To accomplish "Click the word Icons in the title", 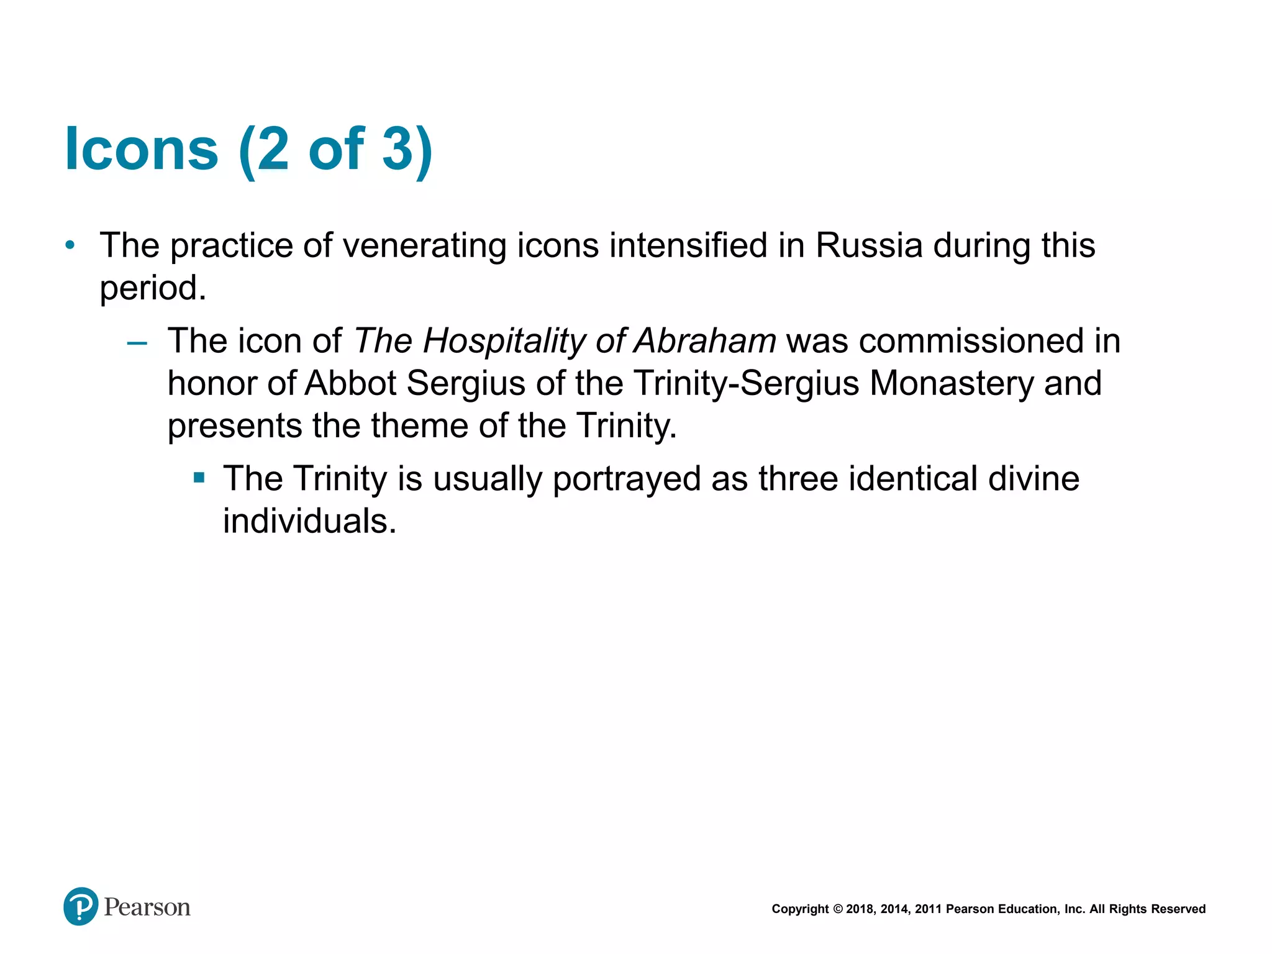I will [x=142, y=149].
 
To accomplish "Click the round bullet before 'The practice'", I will [x=70, y=245].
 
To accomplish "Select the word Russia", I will [x=868, y=245].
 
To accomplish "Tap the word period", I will [x=153, y=288].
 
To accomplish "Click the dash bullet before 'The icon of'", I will [x=137, y=343].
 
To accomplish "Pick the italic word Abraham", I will [x=704, y=341].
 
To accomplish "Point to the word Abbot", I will [x=350, y=383].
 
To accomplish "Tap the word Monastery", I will [x=952, y=384].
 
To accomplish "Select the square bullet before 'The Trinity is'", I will [x=199, y=478].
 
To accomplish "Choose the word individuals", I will [x=309, y=520].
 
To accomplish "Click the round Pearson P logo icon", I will [x=81, y=907].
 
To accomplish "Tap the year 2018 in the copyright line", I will [x=860, y=909].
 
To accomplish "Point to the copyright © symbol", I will [x=837, y=909].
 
